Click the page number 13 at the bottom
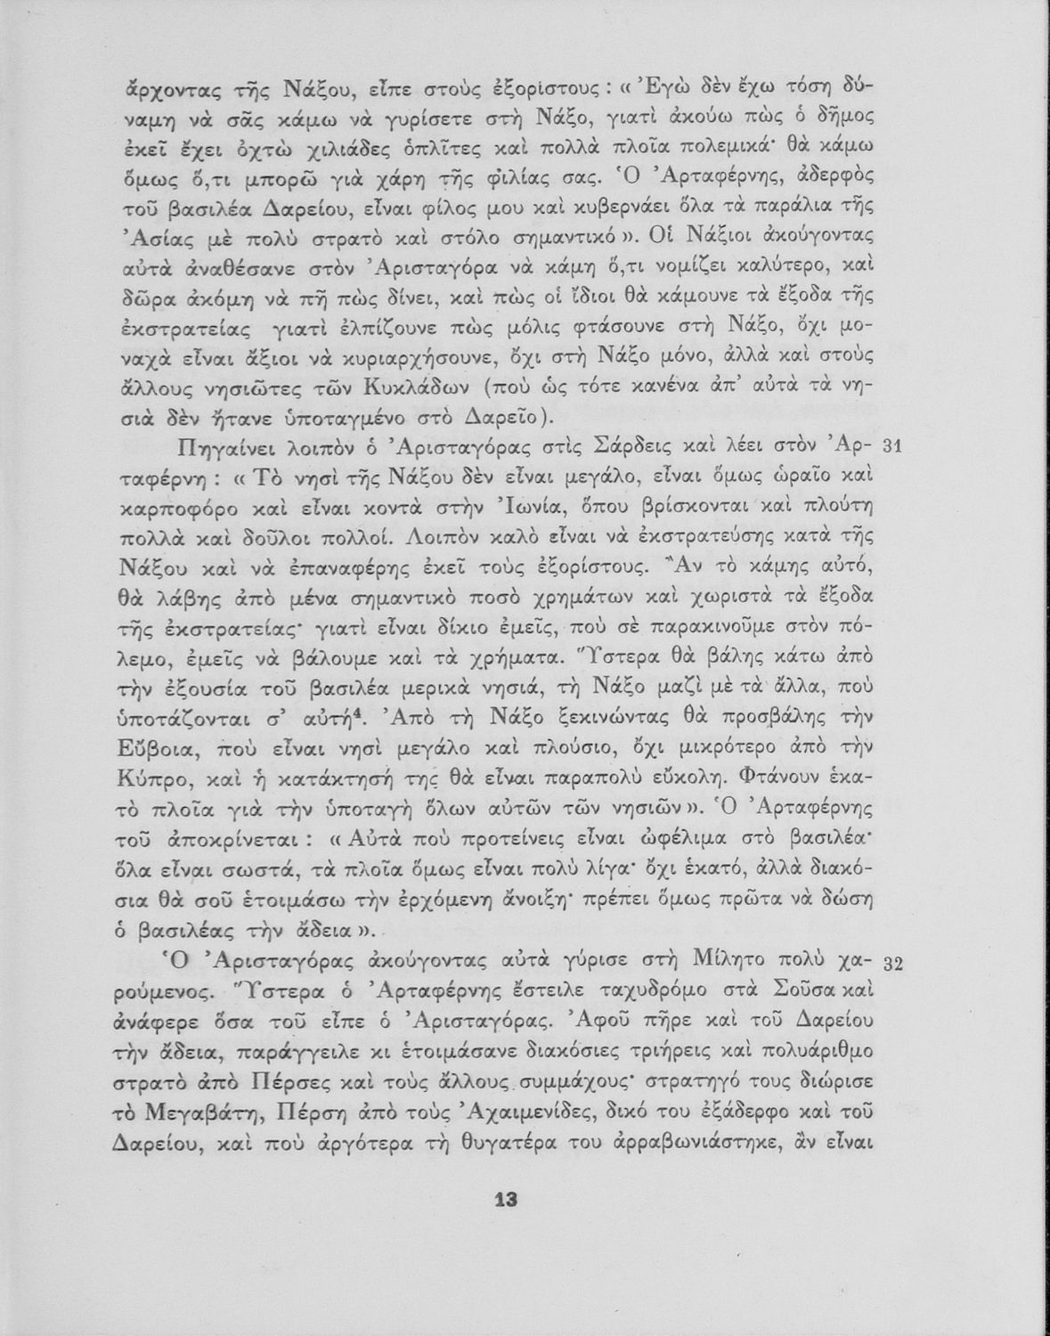pos(505,1199)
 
